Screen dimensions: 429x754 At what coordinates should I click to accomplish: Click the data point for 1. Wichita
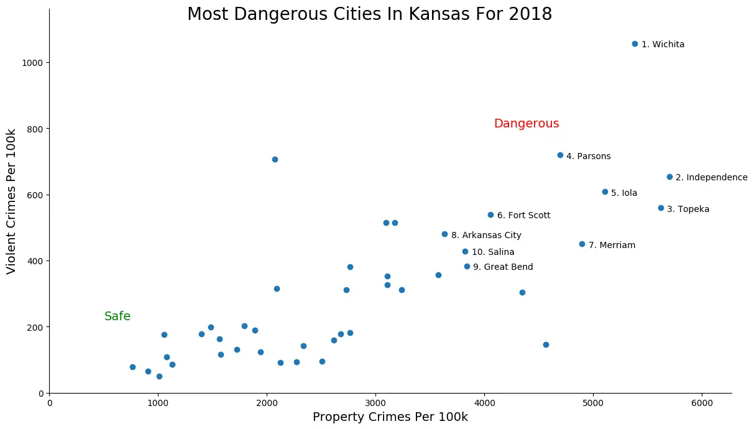click(635, 44)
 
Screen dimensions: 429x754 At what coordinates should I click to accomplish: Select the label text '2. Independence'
click(711, 178)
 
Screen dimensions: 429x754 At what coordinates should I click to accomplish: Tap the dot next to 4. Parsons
click(560, 155)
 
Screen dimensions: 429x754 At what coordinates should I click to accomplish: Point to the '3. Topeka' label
click(687, 210)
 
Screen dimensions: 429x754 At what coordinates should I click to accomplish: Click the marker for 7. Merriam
click(582, 244)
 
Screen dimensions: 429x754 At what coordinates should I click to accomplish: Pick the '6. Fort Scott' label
click(523, 216)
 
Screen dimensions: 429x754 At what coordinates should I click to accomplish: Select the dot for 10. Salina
click(465, 251)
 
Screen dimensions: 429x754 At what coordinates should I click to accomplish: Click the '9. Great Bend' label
click(503, 267)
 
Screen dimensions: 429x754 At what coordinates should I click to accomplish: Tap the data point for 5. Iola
click(605, 191)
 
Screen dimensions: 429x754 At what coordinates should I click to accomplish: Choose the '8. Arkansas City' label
click(486, 236)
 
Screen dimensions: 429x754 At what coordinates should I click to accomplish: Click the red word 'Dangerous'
click(526, 124)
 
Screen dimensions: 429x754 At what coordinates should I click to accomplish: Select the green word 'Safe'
click(117, 316)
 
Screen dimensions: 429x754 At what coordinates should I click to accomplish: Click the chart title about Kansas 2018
click(369, 14)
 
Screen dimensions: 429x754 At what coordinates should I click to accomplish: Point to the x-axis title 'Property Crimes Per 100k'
click(390, 417)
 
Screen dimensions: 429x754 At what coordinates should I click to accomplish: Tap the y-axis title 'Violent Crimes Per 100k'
click(11, 201)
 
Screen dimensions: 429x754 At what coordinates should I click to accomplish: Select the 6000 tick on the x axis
click(702, 402)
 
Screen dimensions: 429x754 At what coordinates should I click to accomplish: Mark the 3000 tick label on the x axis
click(375, 402)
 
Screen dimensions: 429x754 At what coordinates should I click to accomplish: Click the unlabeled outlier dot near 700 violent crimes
click(275, 159)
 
